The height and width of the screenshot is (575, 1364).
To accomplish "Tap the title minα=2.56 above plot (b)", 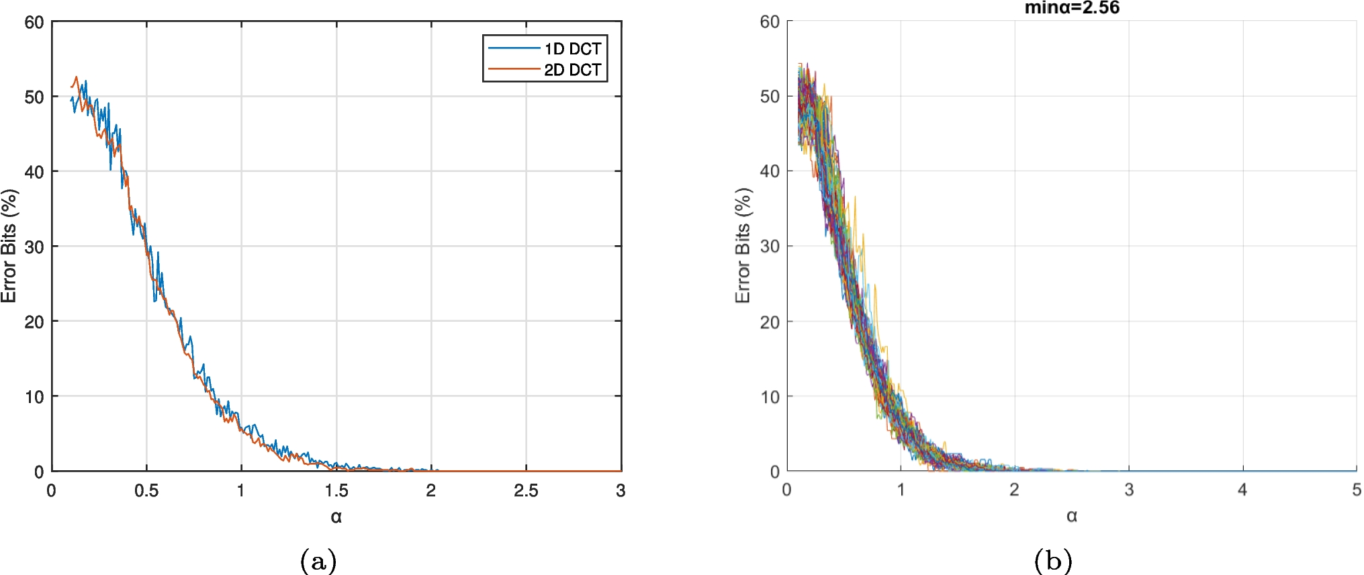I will click(x=1072, y=8).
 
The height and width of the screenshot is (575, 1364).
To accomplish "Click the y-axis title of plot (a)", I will click(x=9, y=246).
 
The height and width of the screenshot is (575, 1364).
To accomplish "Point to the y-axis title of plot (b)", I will click(x=743, y=246).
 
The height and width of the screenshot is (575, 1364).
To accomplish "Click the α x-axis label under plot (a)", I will click(x=336, y=517).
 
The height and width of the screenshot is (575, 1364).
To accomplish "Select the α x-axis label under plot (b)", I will click(x=1072, y=516).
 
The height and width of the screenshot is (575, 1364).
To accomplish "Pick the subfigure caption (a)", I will click(x=318, y=560).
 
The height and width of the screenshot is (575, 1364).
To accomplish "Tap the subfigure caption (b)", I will click(x=1053, y=560).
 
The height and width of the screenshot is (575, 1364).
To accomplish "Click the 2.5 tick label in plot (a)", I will click(x=526, y=491).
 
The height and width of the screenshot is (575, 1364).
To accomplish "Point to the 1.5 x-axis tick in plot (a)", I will click(x=336, y=491).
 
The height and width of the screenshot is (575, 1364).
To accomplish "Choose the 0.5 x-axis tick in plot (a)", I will click(x=146, y=491).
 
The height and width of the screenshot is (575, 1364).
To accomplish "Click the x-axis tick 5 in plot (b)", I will click(x=1357, y=490).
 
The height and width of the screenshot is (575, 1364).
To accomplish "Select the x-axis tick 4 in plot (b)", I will click(x=1242, y=490).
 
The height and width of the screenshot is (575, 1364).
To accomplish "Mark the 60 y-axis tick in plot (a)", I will click(x=34, y=22).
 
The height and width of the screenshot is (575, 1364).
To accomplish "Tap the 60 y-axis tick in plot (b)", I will click(x=770, y=22).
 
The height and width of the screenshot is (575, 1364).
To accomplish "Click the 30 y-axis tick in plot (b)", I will click(x=770, y=247).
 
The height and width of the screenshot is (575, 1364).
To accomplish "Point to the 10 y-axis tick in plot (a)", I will click(x=34, y=397).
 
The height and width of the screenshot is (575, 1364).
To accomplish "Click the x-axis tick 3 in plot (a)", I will click(x=621, y=491).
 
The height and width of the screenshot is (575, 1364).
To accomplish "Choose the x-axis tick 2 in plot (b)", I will click(x=1014, y=490).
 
